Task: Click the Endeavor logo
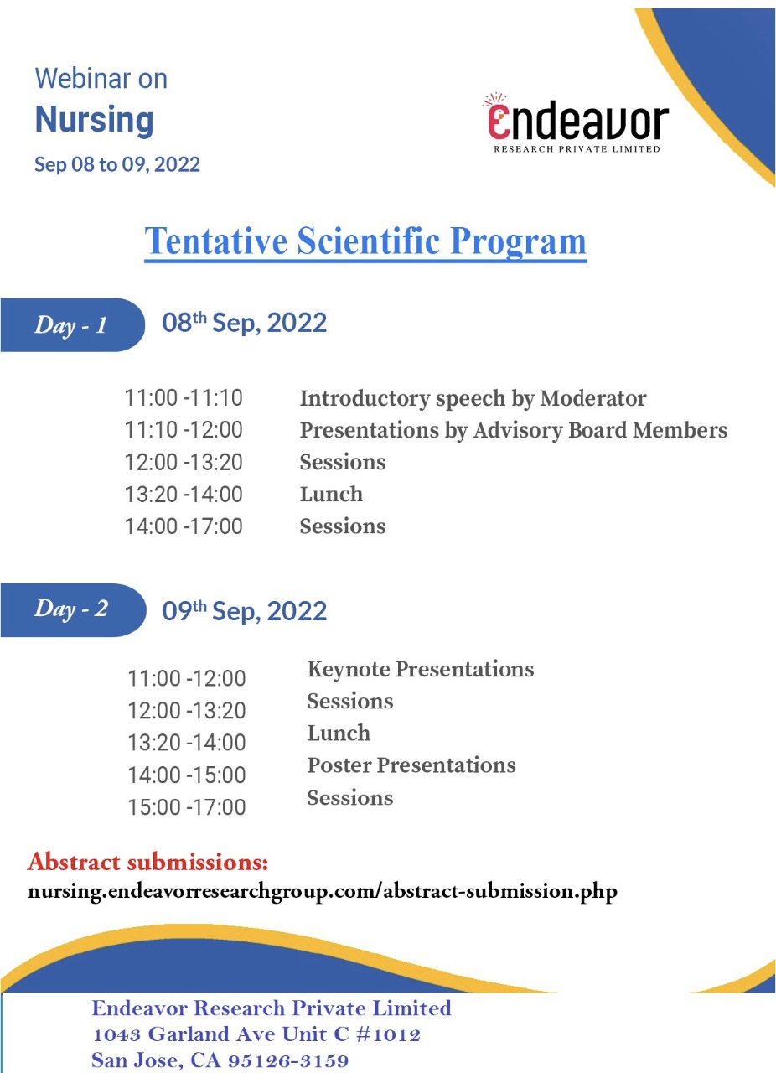577,124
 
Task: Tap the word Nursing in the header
94,120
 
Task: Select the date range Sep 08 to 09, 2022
117,164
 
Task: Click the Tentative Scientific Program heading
365,241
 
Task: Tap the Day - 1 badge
71,325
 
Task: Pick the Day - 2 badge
71,609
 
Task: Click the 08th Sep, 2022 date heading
244,323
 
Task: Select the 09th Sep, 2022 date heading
244,611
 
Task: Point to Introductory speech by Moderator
473,398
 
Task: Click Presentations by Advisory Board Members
513,430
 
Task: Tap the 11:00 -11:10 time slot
184,398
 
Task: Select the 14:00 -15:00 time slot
187,775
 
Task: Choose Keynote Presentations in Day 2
421,669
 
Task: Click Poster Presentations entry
411,765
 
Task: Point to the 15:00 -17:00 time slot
187,808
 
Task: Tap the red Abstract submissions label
147,862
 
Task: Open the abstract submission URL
323,891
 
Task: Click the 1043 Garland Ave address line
256,1034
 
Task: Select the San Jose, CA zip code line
220,1060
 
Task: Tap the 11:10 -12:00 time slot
184,430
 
